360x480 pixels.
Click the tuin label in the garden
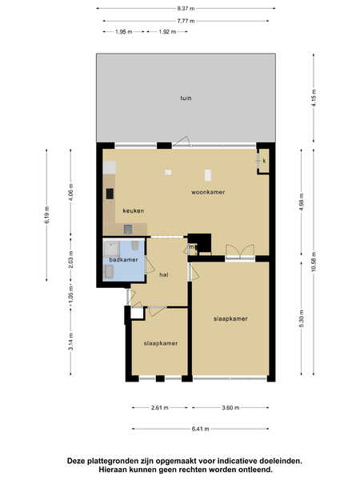pyautogui.click(x=186, y=98)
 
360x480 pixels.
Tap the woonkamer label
pyautogui.click(x=208, y=192)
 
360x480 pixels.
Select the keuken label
pyautogui.click(x=133, y=210)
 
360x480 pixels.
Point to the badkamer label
pyautogui.click(x=123, y=259)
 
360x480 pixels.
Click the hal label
pyautogui.click(x=164, y=275)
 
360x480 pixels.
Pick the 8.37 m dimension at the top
pyautogui.click(x=186, y=8)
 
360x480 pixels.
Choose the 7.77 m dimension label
pyautogui.click(x=186, y=21)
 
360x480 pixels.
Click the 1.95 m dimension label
pyautogui.click(x=124, y=31)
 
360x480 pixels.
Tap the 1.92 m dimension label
pyautogui.click(x=167, y=31)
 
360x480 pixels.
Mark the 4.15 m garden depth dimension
pyautogui.click(x=314, y=98)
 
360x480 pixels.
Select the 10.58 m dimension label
pyautogui.click(x=314, y=262)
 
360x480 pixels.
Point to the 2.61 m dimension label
pyautogui.click(x=159, y=407)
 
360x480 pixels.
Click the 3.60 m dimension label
pyautogui.click(x=230, y=407)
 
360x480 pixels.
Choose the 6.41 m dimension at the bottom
pyautogui.click(x=201, y=429)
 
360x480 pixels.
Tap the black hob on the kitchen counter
pyautogui.click(x=110, y=194)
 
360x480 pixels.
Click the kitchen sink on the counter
pyautogui.click(x=128, y=229)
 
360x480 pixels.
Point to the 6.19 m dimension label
pyautogui.click(x=47, y=214)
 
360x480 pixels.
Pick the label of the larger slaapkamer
pyautogui.click(x=230, y=318)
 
